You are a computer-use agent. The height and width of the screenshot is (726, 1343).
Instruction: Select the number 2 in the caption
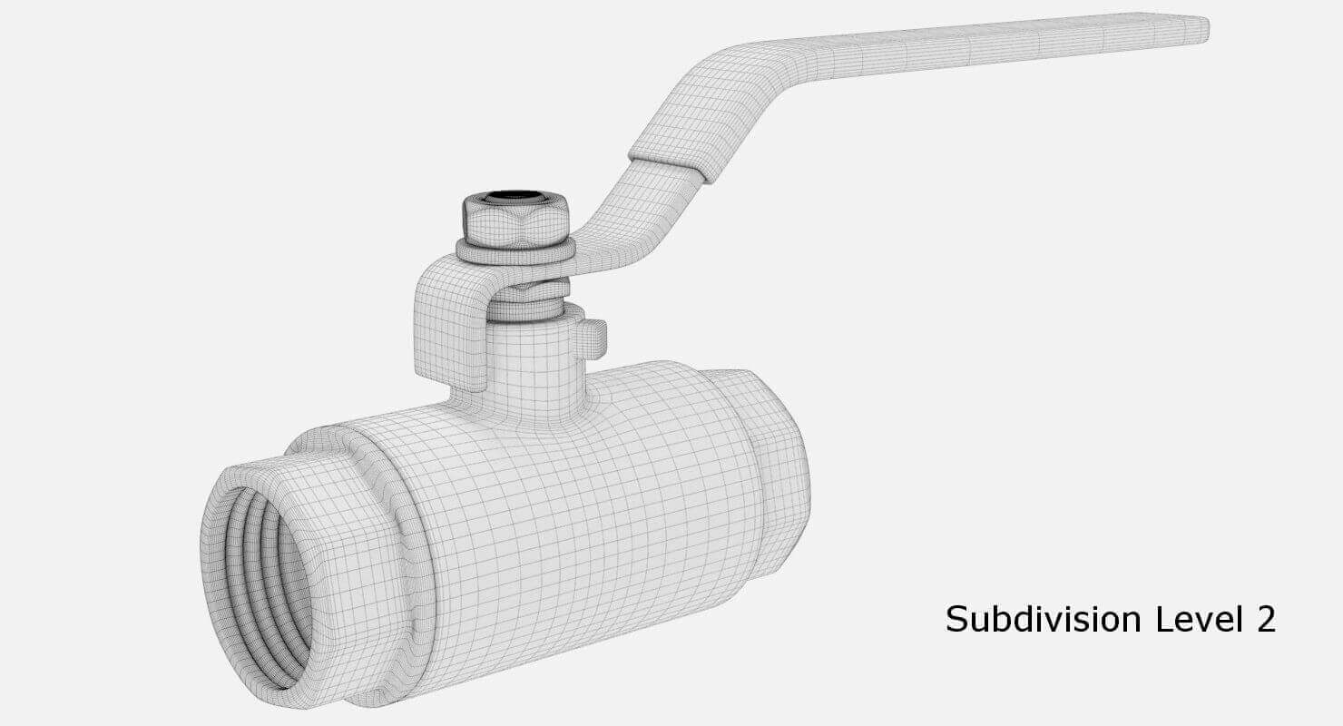coord(1265,620)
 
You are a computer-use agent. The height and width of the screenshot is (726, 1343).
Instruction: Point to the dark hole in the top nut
coord(515,196)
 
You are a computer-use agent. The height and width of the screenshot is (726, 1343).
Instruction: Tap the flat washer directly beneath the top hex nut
coord(515,251)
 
